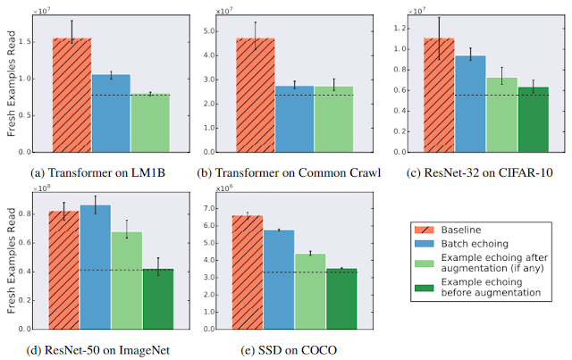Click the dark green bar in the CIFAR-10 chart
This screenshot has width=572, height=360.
(534, 120)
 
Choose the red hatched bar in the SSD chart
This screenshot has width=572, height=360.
(248, 272)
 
